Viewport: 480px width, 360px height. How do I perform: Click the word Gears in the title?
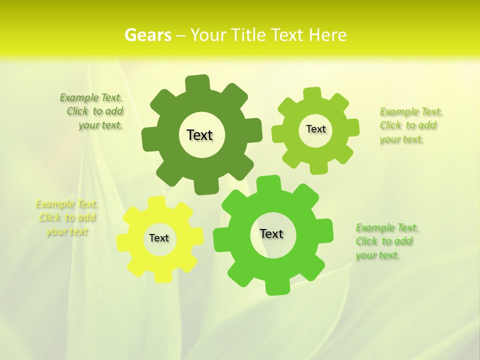click(147, 35)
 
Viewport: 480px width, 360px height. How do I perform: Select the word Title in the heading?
click(249, 35)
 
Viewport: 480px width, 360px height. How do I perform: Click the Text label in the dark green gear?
click(199, 135)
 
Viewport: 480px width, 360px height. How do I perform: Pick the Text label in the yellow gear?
click(159, 238)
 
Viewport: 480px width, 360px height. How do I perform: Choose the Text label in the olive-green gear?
click(315, 129)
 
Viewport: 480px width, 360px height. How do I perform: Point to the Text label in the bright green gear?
click(271, 233)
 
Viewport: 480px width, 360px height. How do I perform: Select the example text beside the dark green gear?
click(93, 111)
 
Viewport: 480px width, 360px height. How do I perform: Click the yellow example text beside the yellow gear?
click(67, 217)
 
